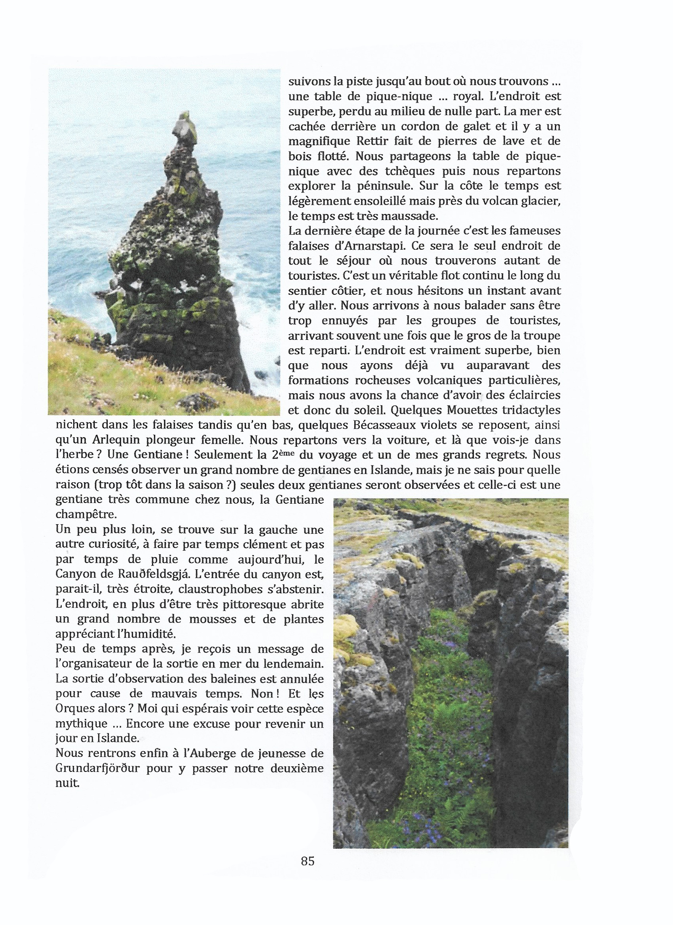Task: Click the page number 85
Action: pos(307,861)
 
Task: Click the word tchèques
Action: pos(406,171)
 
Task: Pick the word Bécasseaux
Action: pos(382,425)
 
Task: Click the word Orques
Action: pos(74,709)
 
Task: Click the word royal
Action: pos(468,96)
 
